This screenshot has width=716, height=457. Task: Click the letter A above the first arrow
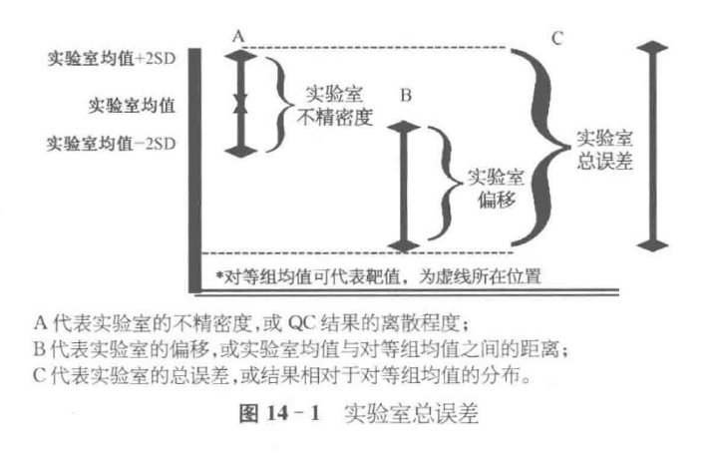[x=238, y=35]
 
